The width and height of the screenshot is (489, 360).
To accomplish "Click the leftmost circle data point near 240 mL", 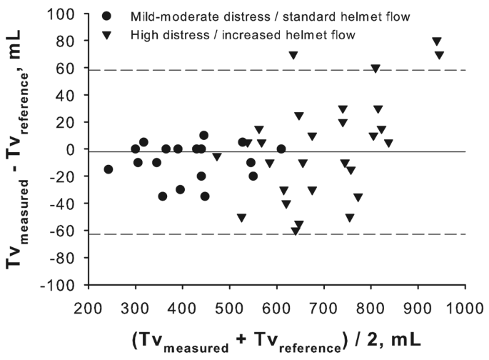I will click(108, 169).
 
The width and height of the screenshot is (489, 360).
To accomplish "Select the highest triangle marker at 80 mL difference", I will click(437, 41).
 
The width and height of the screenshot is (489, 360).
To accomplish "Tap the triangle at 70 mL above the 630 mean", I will click(293, 55).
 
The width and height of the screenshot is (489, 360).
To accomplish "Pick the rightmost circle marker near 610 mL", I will click(281, 149).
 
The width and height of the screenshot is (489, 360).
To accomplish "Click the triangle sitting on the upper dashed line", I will click(375, 69).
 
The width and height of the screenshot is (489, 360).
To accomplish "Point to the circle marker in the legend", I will click(107, 16).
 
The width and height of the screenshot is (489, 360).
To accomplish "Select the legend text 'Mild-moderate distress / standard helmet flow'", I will click(233, 16).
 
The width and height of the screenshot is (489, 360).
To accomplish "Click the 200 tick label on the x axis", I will click(88, 300).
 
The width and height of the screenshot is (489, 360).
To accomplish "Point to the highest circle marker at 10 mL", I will click(203, 136).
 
